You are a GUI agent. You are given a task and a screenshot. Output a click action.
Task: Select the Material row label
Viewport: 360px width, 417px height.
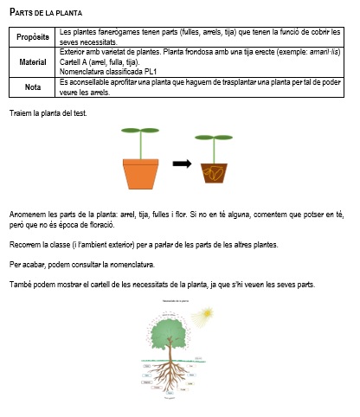[x=34, y=62]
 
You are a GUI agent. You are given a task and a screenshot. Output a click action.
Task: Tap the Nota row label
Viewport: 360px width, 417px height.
[x=34, y=87]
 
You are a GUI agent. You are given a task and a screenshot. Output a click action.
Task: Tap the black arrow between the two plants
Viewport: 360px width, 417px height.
[x=181, y=163]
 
